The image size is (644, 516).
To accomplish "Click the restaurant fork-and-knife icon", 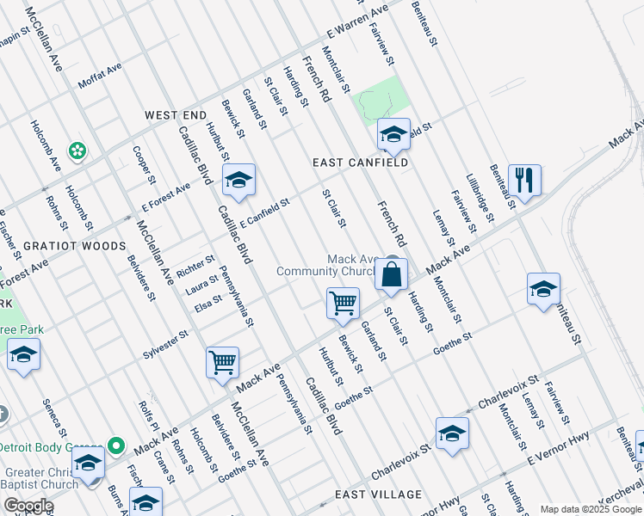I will pyautogui.click(x=523, y=181).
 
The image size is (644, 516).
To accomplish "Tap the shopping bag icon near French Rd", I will pyautogui.click(x=391, y=275).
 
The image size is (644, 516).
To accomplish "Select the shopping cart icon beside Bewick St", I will pyautogui.click(x=343, y=303).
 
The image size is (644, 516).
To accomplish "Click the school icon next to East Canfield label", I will pyautogui.click(x=393, y=134).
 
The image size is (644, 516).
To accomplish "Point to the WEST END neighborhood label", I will pyautogui.click(x=176, y=115).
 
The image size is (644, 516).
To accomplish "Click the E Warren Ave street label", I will pyautogui.click(x=356, y=24).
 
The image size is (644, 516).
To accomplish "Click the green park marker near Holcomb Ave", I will pyautogui.click(x=78, y=150).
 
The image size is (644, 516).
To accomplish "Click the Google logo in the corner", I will pyautogui.click(x=28, y=506).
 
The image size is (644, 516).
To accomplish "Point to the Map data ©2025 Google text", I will pyautogui.click(x=591, y=509).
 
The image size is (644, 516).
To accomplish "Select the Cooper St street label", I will pyautogui.click(x=144, y=164).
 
